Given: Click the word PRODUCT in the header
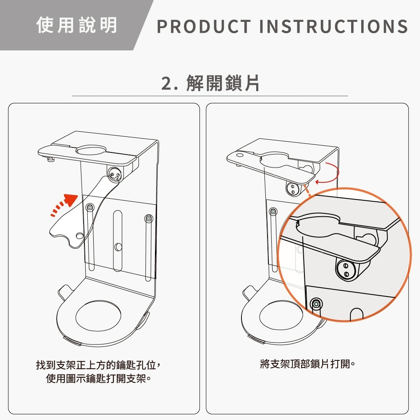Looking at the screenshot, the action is (204, 26).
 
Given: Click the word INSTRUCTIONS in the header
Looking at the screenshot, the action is (333, 26).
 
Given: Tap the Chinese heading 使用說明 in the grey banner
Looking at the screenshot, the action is (76, 25).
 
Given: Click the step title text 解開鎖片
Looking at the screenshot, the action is (223, 83).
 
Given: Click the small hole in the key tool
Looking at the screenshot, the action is (79, 236).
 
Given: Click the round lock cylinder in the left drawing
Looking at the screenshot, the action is (115, 174).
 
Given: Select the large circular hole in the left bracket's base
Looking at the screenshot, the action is (98, 316).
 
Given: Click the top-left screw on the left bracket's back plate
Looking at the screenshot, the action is (90, 207).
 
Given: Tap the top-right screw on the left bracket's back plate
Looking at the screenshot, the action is (149, 218).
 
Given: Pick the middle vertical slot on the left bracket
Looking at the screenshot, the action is (118, 241).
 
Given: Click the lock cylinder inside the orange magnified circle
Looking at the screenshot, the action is (346, 270).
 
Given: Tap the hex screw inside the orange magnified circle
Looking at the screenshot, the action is (316, 304).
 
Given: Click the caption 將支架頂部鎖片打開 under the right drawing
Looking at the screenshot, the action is (307, 364).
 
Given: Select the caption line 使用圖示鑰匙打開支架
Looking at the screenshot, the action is (99, 378).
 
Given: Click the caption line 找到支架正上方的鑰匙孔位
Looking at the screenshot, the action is (99, 365).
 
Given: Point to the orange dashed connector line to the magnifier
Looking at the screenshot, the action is (307, 191).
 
